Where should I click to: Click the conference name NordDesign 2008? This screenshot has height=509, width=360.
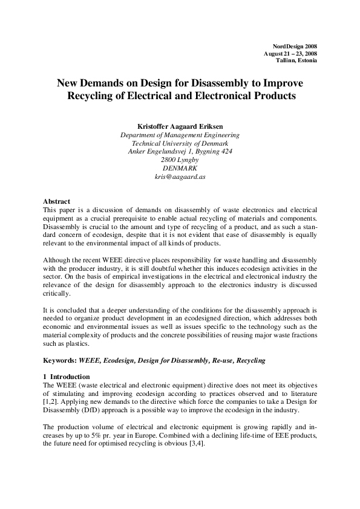[295, 47]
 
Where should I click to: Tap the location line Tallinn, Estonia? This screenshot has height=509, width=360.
[296, 60]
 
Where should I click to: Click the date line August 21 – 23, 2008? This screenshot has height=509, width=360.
[290, 54]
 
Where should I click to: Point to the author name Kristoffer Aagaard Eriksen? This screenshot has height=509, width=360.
[180, 126]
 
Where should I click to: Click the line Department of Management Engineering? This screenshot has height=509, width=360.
[180, 135]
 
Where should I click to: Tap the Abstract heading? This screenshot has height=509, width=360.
[57, 201]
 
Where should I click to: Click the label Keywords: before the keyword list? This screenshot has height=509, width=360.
[59, 360]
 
